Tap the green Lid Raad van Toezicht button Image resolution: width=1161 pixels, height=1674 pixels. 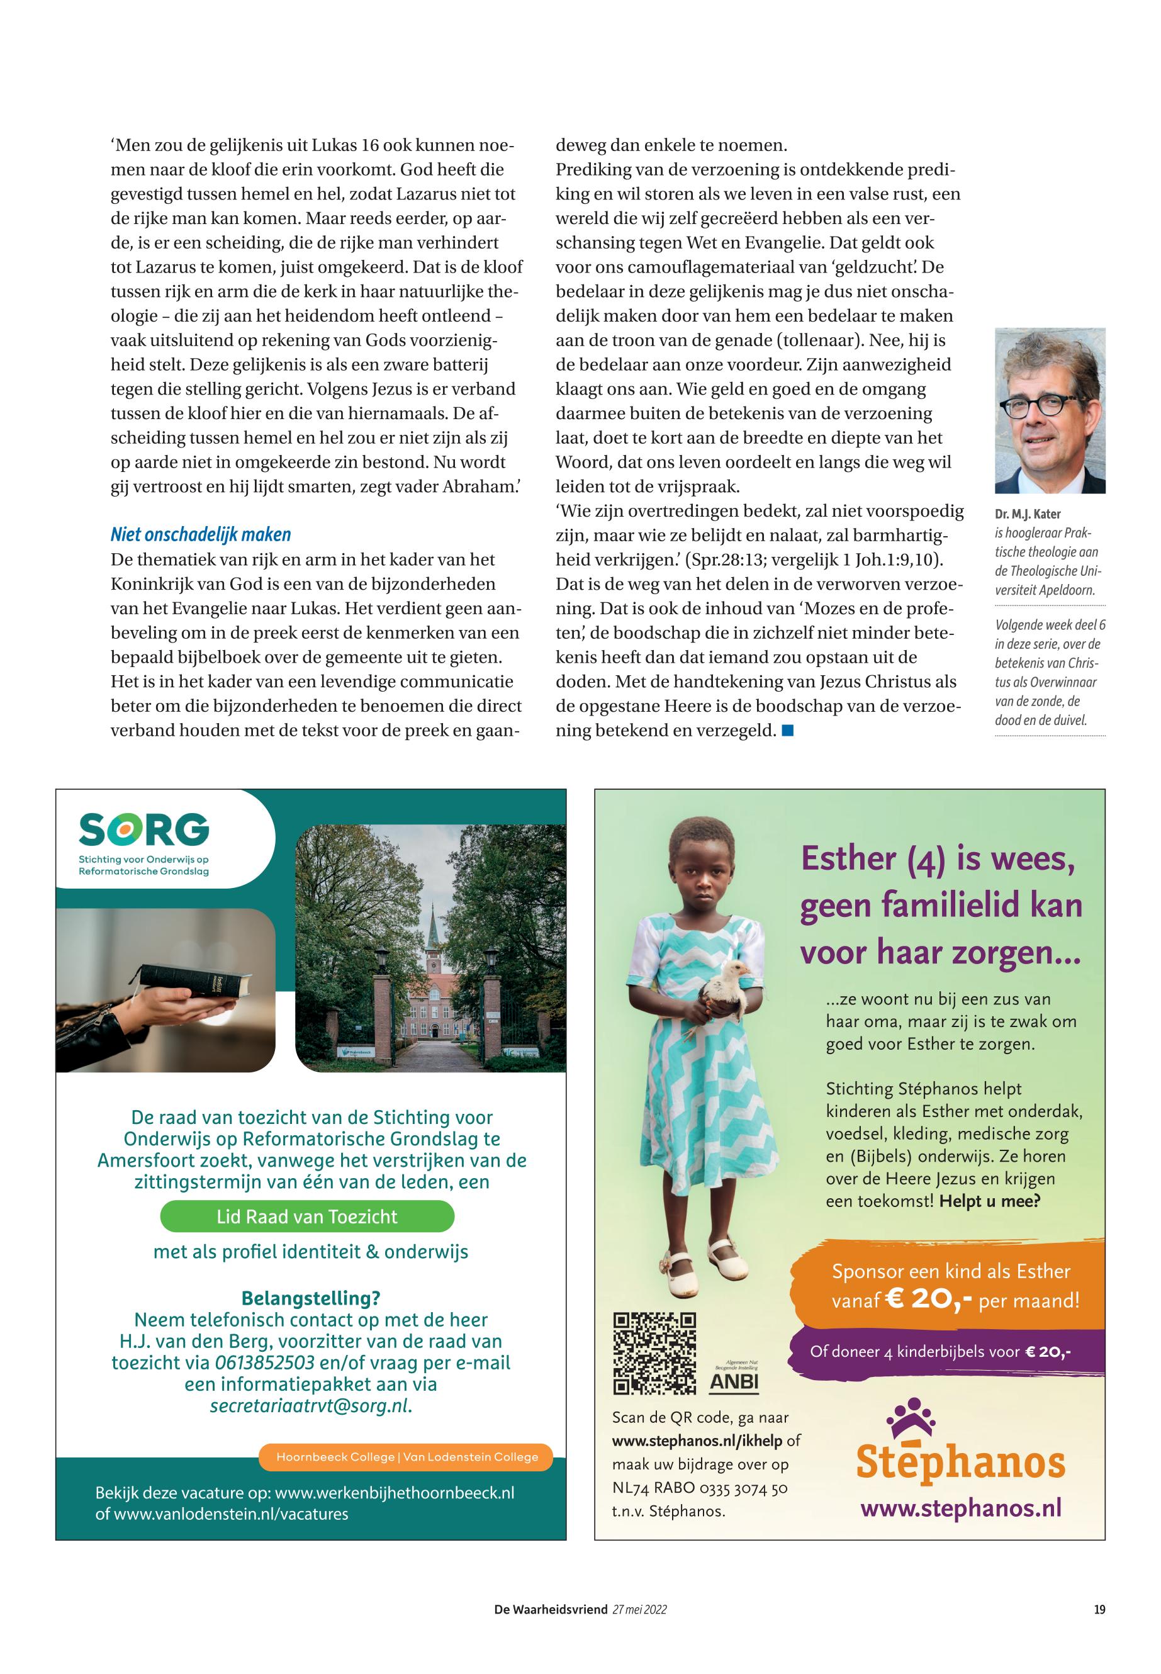pos(307,1216)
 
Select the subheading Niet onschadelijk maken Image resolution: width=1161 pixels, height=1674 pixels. pos(201,535)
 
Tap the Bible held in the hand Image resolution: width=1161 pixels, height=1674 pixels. pos(195,982)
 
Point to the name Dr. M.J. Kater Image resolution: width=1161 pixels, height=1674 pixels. pos(1028,514)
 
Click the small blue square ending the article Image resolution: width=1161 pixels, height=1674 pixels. pos(787,729)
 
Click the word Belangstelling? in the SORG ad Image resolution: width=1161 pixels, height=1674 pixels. pos(311,1298)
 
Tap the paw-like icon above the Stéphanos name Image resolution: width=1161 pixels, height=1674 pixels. pos(910,1418)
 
